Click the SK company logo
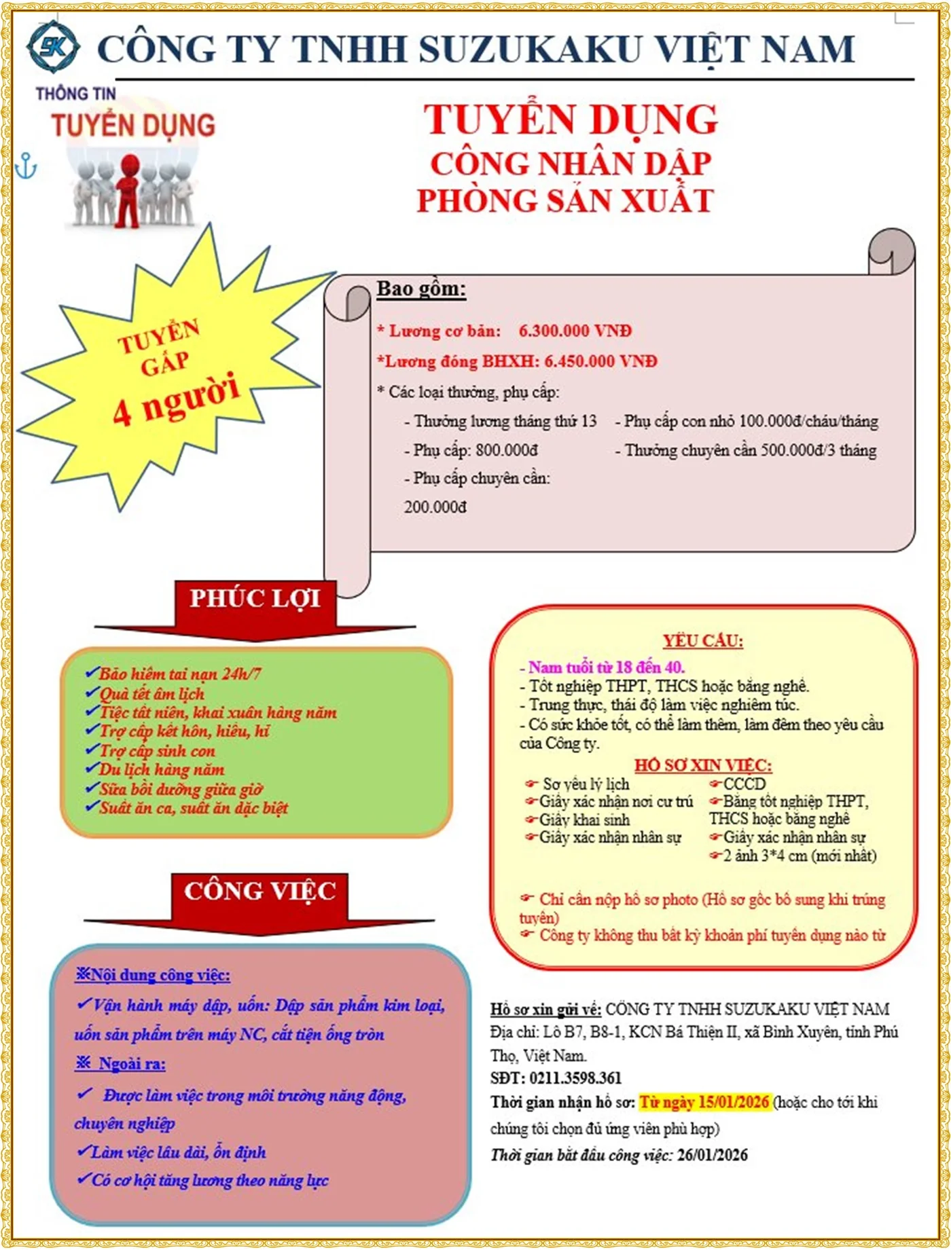(52, 46)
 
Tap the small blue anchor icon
(26, 166)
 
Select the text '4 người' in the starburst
(176, 400)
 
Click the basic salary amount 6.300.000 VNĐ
(575, 331)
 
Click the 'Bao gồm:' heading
(421, 289)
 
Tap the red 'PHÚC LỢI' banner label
(255, 599)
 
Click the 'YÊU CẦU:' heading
(703, 641)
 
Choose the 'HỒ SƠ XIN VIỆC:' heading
(703, 766)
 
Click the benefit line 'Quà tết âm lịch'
(151, 694)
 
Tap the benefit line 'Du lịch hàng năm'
(162, 770)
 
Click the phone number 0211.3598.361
(575, 1078)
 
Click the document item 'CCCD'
(744, 784)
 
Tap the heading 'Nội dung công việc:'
(160, 976)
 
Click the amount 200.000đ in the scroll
(435, 507)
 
